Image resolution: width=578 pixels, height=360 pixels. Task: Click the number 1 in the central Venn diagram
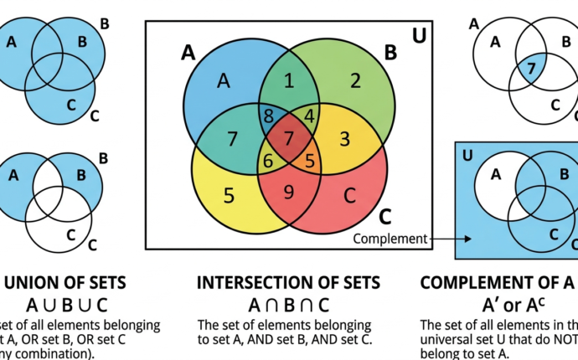click(x=289, y=81)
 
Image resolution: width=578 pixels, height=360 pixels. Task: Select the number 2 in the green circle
click(x=355, y=80)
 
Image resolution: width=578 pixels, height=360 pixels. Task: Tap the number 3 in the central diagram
click(x=343, y=137)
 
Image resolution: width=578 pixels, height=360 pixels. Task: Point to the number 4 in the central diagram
click(x=309, y=114)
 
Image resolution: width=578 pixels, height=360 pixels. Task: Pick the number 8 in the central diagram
click(x=268, y=116)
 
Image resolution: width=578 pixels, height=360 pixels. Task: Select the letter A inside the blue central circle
click(x=223, y=80)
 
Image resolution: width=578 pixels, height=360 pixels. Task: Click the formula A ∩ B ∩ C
click(x=288, y=305)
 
